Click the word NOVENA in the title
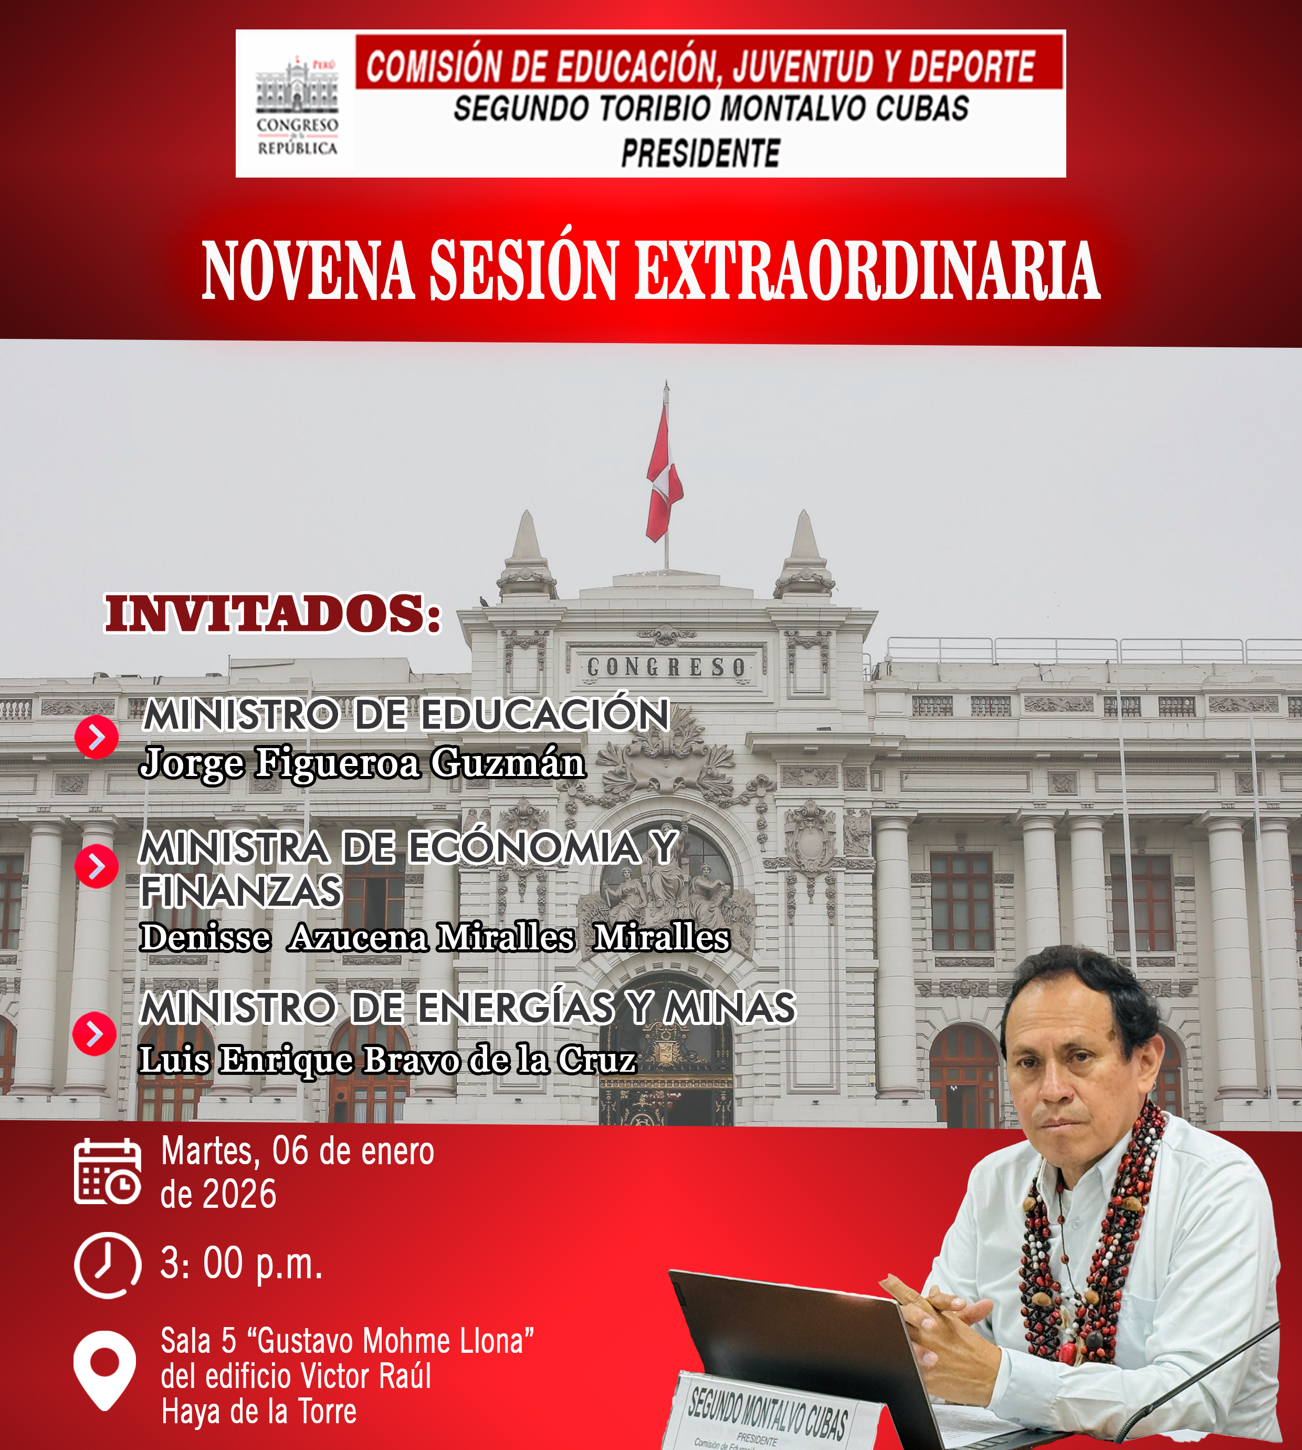(308, 271)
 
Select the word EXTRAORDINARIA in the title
(867, 271)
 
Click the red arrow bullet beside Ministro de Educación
(97, 737)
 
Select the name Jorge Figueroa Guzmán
(363, 763)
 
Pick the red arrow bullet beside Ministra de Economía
(97, 865)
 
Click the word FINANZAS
(241, 891)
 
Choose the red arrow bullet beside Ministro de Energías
(94, 1033)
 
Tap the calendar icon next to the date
(107, 1172)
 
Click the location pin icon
(104, 1370)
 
